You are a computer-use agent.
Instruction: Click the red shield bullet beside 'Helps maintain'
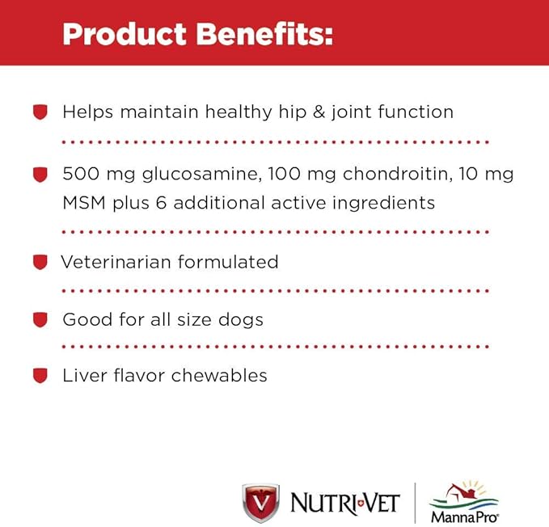(40, 112)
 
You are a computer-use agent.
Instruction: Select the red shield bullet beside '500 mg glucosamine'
(40, 174)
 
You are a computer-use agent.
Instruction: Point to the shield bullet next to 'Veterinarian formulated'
(40, 262)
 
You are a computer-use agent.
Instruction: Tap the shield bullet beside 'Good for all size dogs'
(40, 319)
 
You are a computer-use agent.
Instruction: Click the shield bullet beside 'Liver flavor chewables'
(40, 376)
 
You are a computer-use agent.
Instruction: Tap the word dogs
(241, 320)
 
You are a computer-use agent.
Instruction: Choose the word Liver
(82, 376)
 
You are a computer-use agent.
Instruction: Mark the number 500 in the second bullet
(81, 175)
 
